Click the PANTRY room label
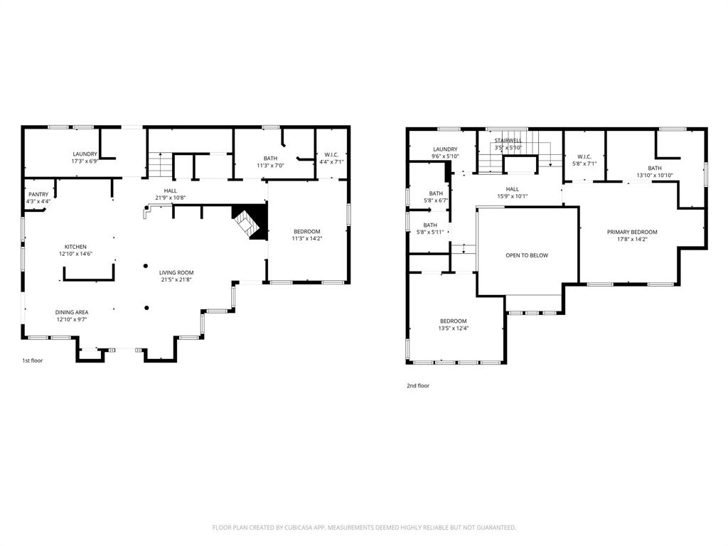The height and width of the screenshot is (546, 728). [x=38, y=194]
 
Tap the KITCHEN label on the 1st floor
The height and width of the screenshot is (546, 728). [x=75, y=247]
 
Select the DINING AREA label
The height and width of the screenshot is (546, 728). [x=73, y=312]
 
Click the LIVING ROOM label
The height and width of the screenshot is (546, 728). [x=176, y=272]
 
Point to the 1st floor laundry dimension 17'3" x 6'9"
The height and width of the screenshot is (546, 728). [x=85, y=161]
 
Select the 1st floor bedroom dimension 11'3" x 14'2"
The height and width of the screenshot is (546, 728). [x=307, y=239]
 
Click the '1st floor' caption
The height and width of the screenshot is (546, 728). [x=32, y=360]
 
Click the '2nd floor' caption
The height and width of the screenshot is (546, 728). [x=418, y=386]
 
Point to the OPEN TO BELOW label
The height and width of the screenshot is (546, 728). [x=527, y=255]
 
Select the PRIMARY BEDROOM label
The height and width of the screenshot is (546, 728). [x=632, y=232]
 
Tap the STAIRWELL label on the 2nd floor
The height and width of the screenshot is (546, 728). [x=508, y=141]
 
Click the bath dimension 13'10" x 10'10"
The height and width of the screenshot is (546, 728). [x=654, y=175]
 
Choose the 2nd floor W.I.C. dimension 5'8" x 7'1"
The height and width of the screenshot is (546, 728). [x=584, y=164]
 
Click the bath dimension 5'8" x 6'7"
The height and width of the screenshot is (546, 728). [x=436, y=200]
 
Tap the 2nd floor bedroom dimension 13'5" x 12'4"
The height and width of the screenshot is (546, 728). [x=453, y=328]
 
